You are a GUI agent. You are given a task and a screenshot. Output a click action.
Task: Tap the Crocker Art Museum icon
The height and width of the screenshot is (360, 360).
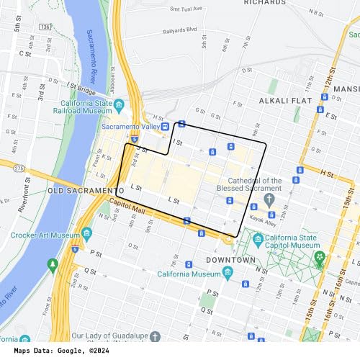click(86, 235)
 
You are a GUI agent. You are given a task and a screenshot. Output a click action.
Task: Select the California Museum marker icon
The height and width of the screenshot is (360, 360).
click(228, 272)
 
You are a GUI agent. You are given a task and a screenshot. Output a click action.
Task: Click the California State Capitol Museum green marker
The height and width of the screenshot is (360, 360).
click(317, 256)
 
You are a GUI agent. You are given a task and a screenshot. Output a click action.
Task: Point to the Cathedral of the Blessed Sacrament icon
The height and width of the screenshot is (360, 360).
click(269, 199)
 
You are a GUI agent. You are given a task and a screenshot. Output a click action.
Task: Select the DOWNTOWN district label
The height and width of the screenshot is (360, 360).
click(231, 259)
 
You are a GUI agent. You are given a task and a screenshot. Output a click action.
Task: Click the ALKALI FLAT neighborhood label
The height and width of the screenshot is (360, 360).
click(285, 101)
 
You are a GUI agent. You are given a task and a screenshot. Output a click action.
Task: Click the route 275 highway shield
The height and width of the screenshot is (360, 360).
click(19, 167)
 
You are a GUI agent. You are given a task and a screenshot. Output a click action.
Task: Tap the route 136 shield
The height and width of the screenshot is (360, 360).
click(45, 27)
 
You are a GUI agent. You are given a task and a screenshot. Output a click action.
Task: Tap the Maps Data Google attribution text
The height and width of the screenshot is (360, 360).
click(57, 351)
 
